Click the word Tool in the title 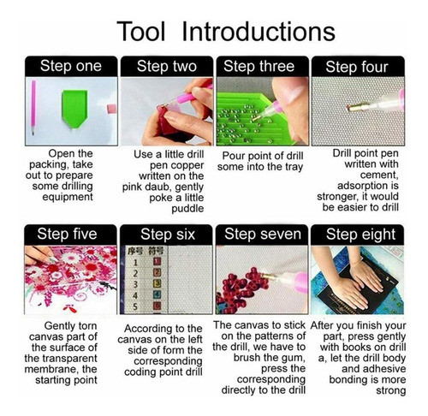point(141,31)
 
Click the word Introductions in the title point(259,31)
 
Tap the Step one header point(71,66)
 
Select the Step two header point(167,66)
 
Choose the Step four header point(357,67)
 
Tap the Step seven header point(263,234)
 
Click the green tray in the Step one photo point(74,109)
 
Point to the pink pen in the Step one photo point(33,108)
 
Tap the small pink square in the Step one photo point(111,109)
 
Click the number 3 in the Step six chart point(135,284)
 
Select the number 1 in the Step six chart point(136,262)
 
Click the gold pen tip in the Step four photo point(354,108)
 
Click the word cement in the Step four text point(379,175)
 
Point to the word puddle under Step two point(187,209)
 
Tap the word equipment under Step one point(68,197)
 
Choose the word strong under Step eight point(390,390)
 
